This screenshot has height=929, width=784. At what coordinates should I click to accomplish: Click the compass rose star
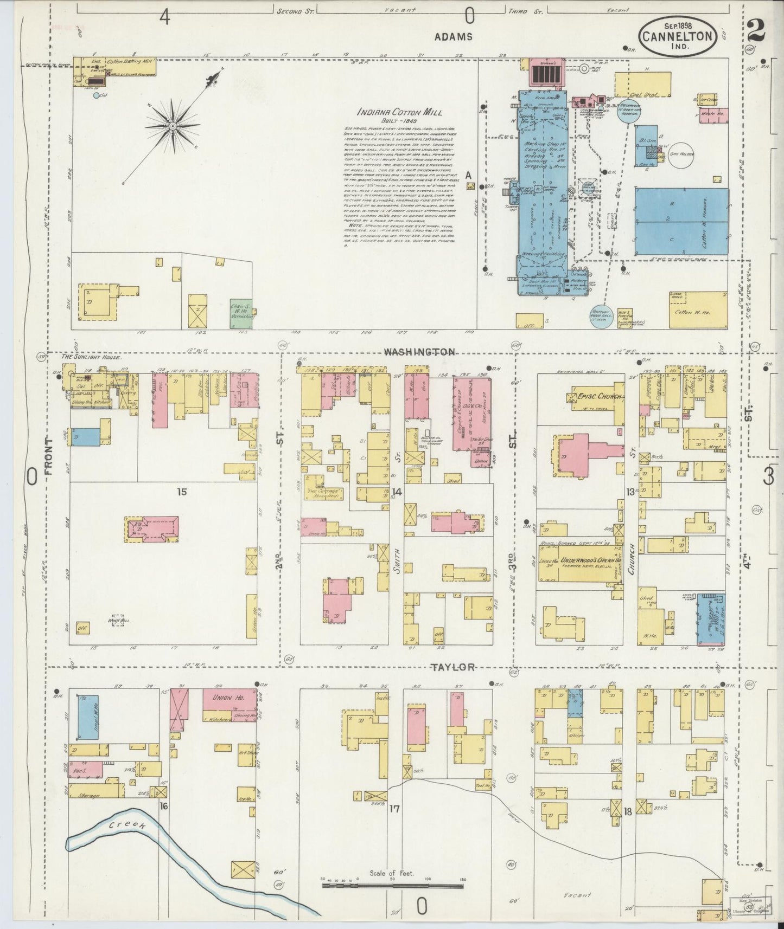[x=173, y=126]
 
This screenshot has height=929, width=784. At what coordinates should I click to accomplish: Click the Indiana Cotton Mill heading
[x=399, y=112]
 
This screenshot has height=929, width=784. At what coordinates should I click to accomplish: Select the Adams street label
[x=453, y=37]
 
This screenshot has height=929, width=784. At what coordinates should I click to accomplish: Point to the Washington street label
[x=419, y=352]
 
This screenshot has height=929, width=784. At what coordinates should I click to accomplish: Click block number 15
[x=182, y=492]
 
